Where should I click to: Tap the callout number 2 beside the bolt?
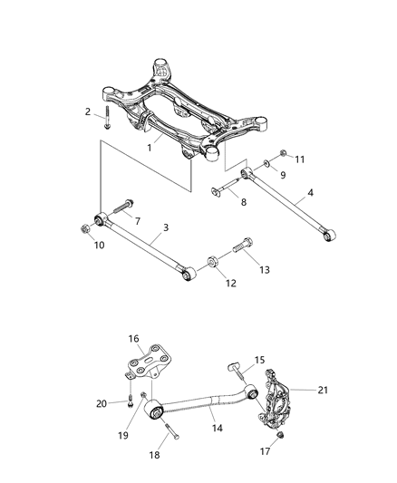click(x=88, y=111)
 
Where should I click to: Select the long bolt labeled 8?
click(x=228, y=189)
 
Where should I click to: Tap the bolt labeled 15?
click(x=233, y=366)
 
